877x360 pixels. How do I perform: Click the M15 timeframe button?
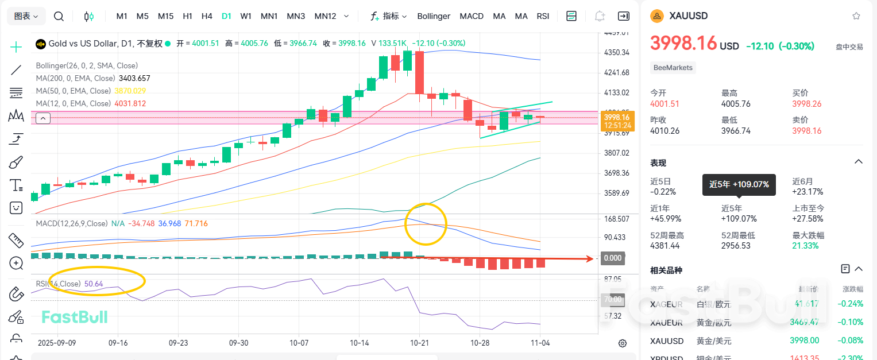pos(165,16)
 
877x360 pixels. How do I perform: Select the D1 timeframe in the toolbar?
pos(226,16)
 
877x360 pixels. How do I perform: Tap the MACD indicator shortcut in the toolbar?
pos(472,16)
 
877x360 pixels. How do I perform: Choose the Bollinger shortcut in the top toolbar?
pos(434,16)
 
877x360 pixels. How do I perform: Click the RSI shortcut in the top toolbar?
pos(543,16)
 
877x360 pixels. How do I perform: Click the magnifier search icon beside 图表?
pos(59,16)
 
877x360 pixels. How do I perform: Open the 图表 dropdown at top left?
pos(26,16)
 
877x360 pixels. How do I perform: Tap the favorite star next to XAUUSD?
pos(856,16)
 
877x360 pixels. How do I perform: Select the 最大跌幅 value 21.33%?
pos(805,246)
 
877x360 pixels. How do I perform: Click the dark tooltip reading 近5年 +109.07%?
pos(739,184)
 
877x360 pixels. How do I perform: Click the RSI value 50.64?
pos(94,284)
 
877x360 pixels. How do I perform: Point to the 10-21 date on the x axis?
pos(419,342)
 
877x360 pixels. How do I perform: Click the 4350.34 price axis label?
pos(617,53)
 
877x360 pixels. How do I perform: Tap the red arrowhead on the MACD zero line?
pos(590,258)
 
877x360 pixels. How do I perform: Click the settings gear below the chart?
pos(622,343)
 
